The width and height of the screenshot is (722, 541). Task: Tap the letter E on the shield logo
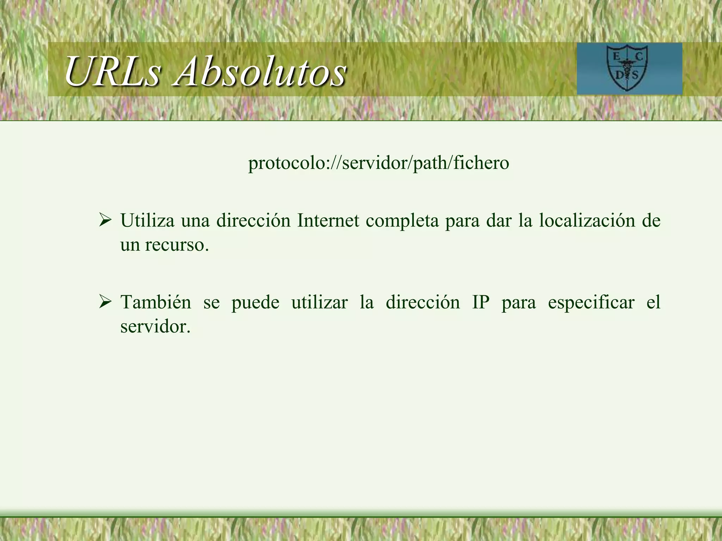point(617,56)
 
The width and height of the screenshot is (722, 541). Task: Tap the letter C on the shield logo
point(639,56)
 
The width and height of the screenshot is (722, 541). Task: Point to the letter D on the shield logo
point(619,75)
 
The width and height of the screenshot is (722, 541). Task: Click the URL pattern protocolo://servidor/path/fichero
point(379,163)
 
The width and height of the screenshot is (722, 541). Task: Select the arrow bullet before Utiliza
point(105,220)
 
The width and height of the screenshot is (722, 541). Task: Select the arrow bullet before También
point(105,302)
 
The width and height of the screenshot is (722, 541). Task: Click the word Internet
point(328,220)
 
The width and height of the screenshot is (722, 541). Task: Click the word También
point(156,302)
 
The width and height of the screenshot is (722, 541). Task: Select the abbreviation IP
point(481,302)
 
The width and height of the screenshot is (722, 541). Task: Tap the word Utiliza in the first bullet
point(147,220)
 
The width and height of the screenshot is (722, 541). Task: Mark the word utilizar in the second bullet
point(319,302)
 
